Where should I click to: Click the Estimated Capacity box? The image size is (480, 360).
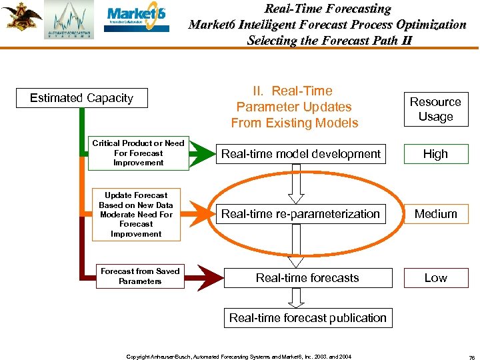(x=81, y=98)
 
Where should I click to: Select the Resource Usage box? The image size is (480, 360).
(x=435, y=109)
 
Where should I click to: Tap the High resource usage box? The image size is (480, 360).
(x=435, y=154)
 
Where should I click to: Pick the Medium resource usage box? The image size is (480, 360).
(x=435, y=214)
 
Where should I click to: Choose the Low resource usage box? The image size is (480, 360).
(x=435, y=278)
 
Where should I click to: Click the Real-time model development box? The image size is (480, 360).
(x=301, y=154)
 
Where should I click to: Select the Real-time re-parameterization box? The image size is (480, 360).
(x=301, y=214)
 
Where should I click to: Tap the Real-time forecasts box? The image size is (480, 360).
(x=307, y=278)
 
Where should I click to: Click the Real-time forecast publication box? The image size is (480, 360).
(x=307, y=318)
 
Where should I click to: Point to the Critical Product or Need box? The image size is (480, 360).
(x=138, y=153)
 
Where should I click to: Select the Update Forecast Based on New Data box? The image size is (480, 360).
(x=136, y=215)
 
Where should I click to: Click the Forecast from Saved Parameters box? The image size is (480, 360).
(x=140, y=276)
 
